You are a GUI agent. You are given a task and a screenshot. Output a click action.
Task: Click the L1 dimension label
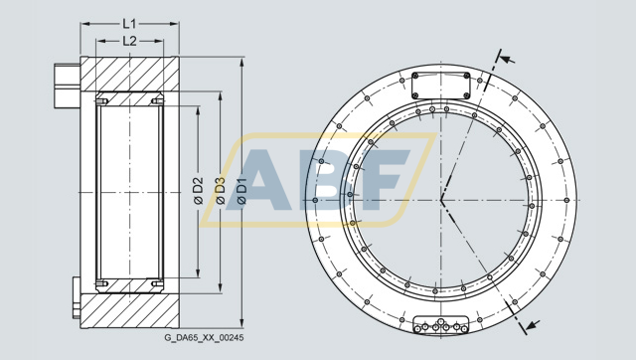[x=129, y=21]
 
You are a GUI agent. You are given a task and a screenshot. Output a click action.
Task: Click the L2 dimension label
[x=129, y=41]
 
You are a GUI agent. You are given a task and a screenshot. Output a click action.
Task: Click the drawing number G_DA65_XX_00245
[x=204, y=338]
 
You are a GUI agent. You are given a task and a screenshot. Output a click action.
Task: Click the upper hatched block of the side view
[x=129, y=75]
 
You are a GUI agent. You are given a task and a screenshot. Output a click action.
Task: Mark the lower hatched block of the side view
[x=129, y=308]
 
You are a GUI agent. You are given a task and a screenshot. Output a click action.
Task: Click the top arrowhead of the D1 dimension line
[x=241, y=63]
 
